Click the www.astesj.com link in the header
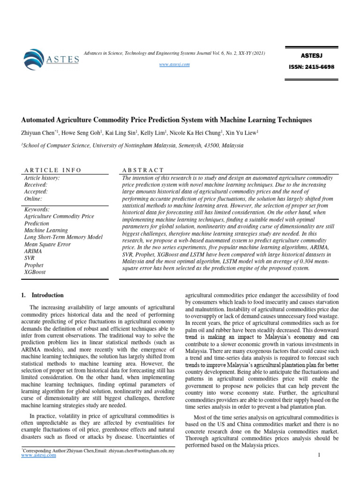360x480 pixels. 175,64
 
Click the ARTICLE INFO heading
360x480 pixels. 52,170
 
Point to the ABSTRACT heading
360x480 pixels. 142,170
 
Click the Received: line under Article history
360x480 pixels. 36,185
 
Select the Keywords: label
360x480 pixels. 37,210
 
